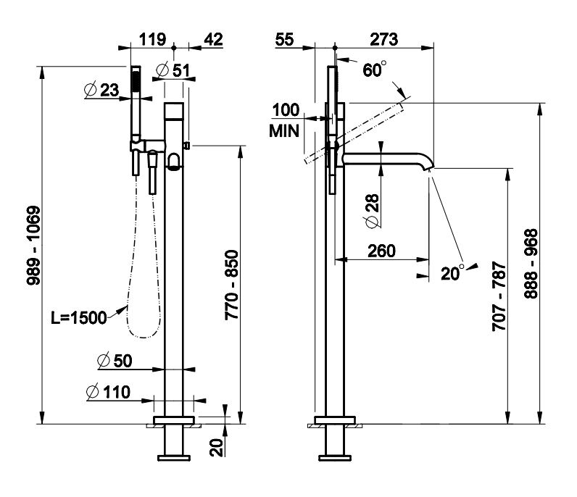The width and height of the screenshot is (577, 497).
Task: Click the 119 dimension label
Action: point(154,40)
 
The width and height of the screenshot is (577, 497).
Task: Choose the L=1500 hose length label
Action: point(78,317)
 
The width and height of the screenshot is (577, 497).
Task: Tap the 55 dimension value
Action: point(286,40)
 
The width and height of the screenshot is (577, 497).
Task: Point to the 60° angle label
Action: point(375,70)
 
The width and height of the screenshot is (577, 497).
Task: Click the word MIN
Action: point(283,132)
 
